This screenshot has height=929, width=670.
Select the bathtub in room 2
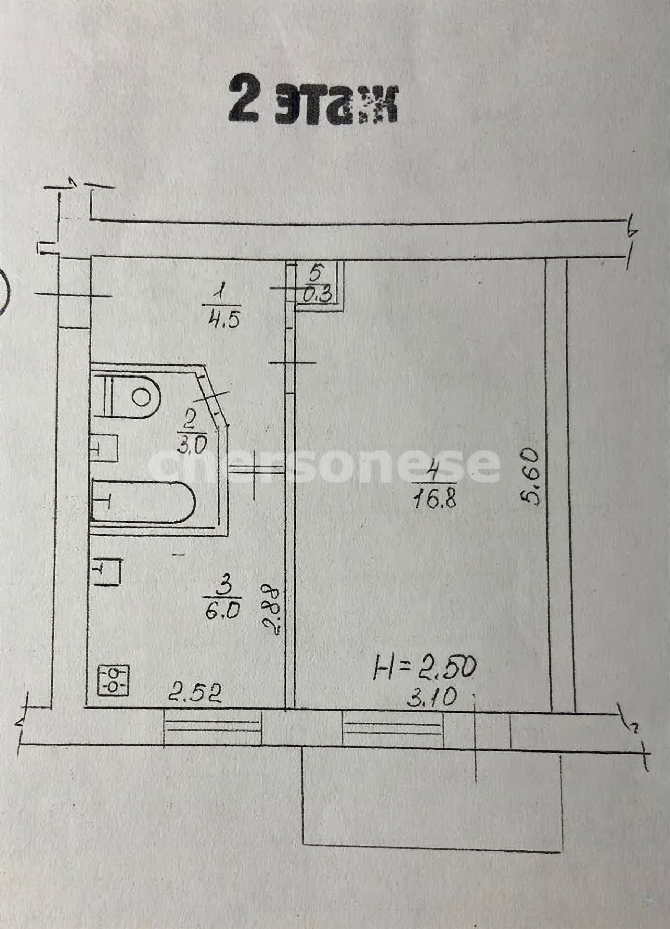143,502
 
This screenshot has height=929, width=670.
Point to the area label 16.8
434,500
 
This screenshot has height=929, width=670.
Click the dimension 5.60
531,475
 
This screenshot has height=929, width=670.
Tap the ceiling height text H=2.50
424,669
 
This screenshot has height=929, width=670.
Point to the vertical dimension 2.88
272,611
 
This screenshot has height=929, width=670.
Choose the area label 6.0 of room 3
222,611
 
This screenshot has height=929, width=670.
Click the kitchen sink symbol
107,571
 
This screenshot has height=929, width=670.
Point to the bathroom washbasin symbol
104,448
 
